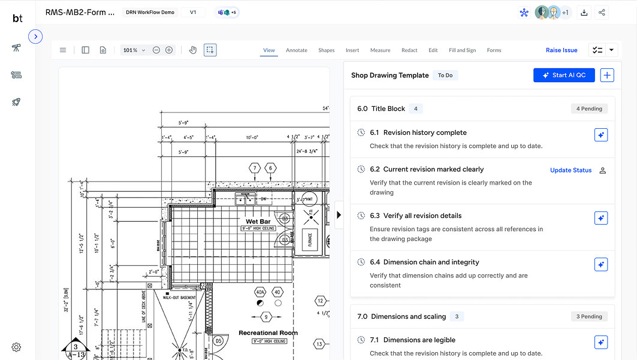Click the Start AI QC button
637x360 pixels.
564,75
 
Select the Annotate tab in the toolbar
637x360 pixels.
297,50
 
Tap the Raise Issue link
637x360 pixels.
561,50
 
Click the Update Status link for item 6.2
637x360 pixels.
570,170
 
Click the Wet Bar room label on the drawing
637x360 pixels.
258,222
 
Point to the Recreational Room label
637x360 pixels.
268,333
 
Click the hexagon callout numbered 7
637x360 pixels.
255,168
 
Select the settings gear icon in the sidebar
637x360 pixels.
17,347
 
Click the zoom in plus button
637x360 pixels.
169,50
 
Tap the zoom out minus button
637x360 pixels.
156,50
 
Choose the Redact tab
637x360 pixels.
409,50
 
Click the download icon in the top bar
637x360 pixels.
584,13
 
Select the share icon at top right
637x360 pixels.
602,13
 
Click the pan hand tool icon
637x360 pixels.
193,50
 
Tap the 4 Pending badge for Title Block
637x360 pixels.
589,109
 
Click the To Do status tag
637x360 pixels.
445,75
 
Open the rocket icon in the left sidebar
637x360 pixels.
17,102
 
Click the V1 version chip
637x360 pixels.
193,12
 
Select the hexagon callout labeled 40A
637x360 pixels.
260,292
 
